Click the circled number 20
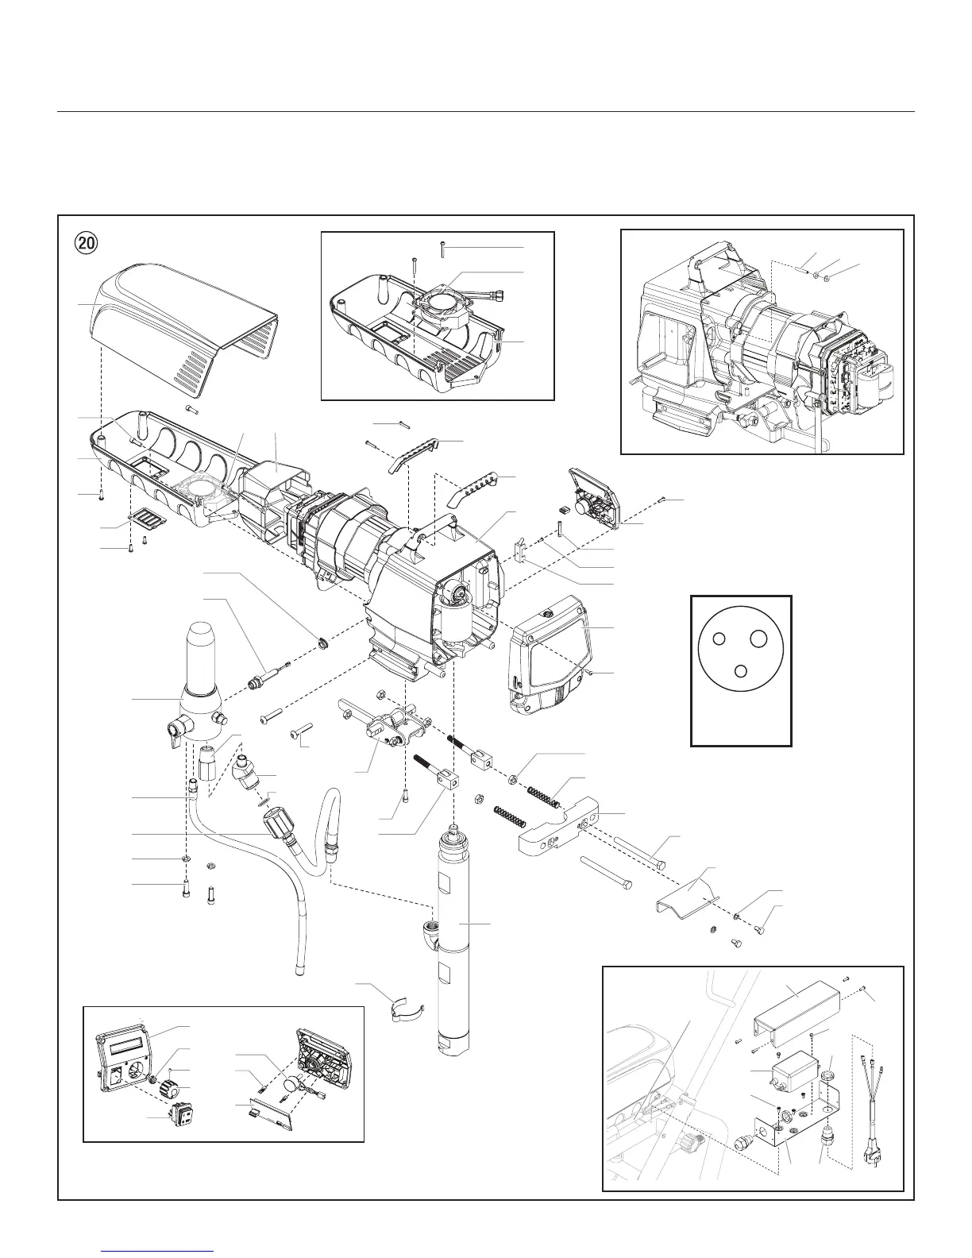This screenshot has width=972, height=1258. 86,242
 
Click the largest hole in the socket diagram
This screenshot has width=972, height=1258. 758,638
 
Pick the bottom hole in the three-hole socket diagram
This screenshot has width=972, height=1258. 740,670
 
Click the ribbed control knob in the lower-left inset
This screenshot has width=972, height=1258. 169,1087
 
